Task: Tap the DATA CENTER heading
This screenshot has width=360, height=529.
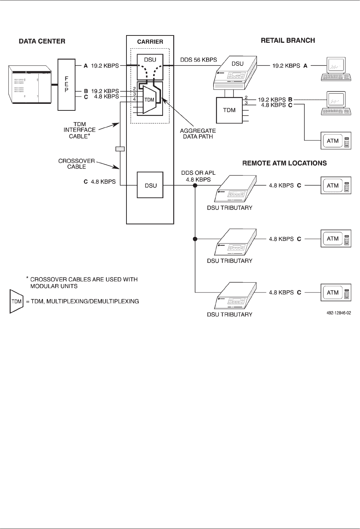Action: click(x=42, y=41)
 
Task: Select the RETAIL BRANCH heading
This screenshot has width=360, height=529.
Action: click(x=288, y=41)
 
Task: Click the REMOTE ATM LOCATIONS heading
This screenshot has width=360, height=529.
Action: click(x=284, y=163)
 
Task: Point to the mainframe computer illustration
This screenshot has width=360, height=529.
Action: click(x=30, y=85)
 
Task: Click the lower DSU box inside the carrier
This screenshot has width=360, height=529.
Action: click(x=151, y=185)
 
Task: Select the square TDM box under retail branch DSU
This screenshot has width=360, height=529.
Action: click(x=229, y=110)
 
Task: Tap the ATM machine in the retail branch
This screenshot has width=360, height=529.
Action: click(x=336, y=141)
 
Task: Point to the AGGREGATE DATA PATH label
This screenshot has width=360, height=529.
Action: click(x=198, y=133)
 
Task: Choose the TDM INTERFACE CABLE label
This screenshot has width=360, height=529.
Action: click(x=80, y=130)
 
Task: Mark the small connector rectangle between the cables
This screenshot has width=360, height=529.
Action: click(x=120, y=149)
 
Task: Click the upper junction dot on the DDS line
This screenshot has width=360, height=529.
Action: click(x=195, y=185)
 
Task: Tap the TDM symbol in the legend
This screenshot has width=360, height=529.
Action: click(x=17, y=302)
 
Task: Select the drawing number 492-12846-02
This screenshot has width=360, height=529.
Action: click(x=339, y=313)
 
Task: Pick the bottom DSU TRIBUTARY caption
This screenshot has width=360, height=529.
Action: click(x=230, y=314)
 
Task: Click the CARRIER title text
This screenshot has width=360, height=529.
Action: click(x=150, y=42)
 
